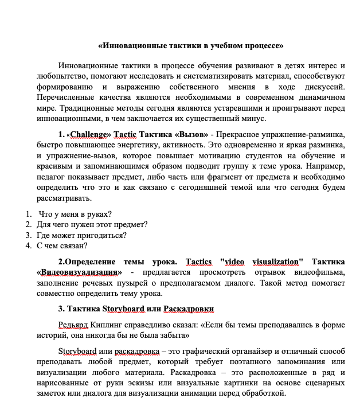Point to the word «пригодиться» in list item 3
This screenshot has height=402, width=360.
[x=105, y=235]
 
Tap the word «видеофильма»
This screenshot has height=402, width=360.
[x=321, y=272]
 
